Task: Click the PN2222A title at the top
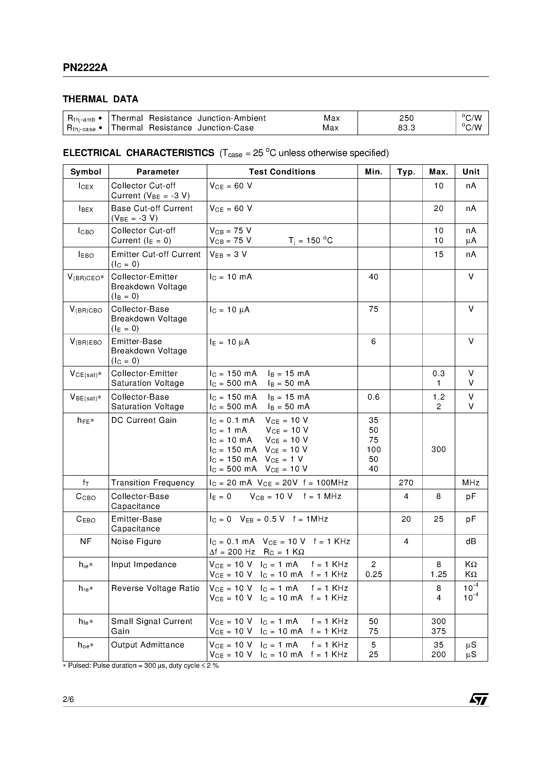85,68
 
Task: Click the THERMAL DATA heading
100,99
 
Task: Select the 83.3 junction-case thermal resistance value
406,128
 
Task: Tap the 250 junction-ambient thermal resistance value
406,118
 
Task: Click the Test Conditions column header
282,172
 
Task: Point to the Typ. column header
406,172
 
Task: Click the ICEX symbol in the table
86,186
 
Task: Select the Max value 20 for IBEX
438,209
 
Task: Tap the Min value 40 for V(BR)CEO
373,277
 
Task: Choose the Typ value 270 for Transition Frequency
406,483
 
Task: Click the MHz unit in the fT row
471,483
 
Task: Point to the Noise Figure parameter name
136,541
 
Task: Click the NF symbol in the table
86,541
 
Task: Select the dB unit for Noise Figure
471,541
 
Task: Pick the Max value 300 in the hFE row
438,449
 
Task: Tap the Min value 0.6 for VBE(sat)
373,397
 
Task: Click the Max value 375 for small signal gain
438,631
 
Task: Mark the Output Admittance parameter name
147,645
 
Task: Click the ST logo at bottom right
479,699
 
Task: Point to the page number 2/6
68,699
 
